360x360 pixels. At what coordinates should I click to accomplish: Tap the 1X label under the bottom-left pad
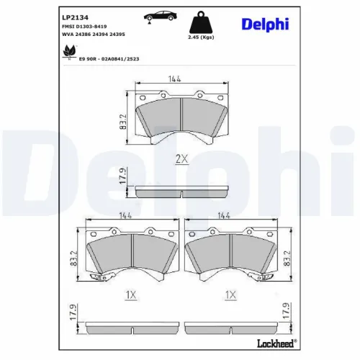(x=130, y=294)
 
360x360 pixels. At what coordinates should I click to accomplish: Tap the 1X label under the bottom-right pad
(x=230, y=294)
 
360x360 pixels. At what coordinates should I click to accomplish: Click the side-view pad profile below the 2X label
(x=179, y=193)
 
